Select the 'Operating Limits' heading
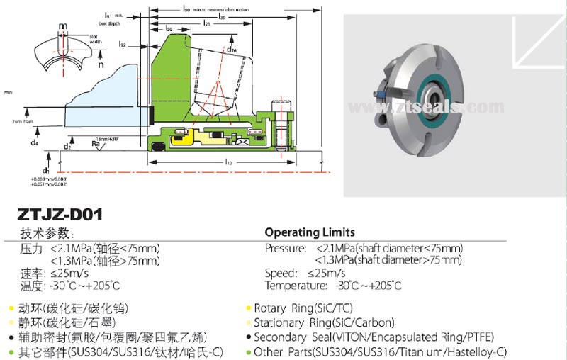pyautogui.click(x=310, y=232)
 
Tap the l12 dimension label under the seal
pyautogui.click(x=228, y=162)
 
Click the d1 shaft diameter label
pyautogui.click(x=45, y=171)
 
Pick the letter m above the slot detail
pyautogui.click(x=62, y=26)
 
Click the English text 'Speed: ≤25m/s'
pyautogui.click(x=305, y=273)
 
